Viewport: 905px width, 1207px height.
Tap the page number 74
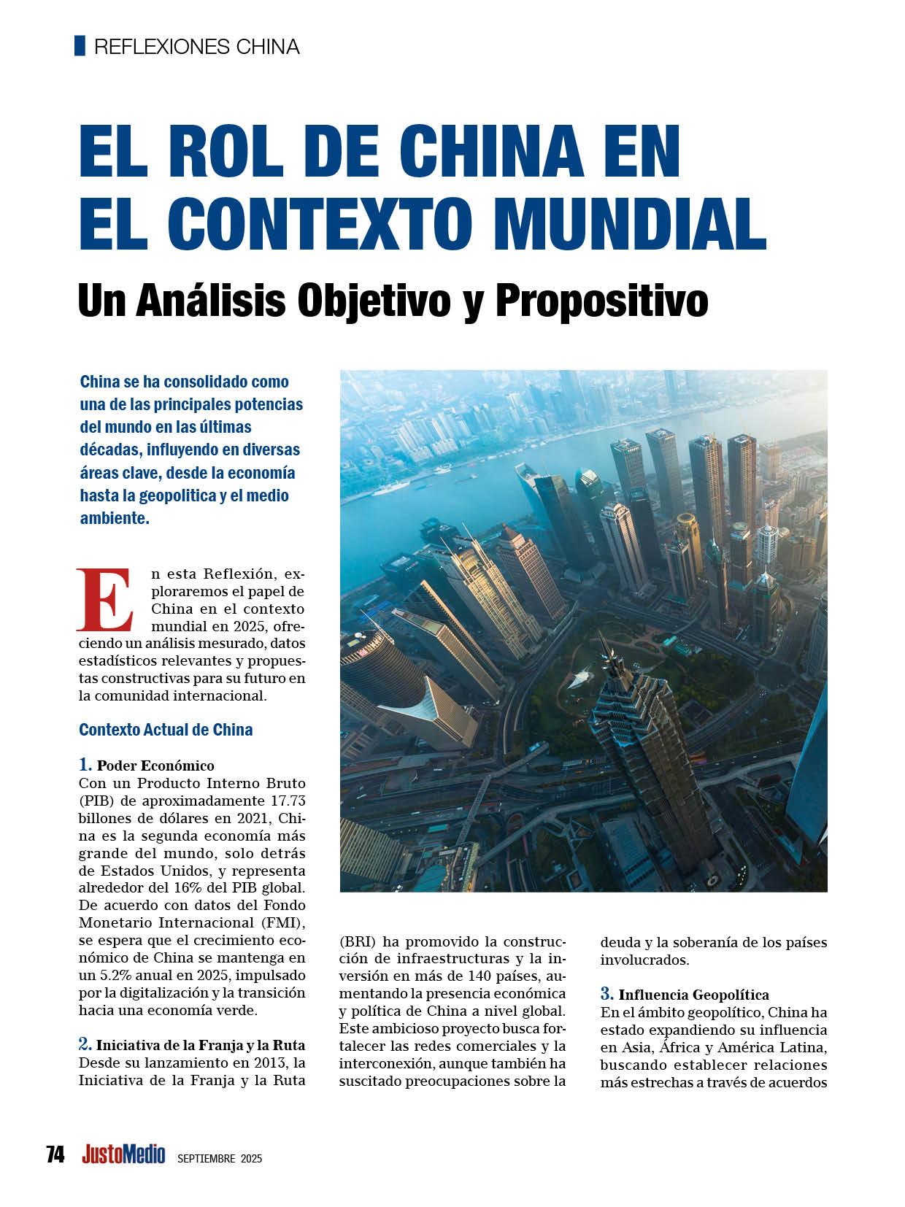click(55, 1154)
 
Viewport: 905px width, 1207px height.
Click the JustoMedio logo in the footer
click(123, 1154)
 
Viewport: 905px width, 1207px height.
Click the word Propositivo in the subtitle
click(602, 300)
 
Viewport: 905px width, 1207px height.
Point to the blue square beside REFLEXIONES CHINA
click(80, 46)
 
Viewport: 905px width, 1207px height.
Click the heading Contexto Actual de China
click(166, 730)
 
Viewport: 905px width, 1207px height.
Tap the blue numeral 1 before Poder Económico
click(85, 765)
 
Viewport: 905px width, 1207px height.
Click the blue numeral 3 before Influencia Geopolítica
click(606, 993)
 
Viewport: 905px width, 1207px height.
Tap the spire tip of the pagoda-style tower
click(606, 636)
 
